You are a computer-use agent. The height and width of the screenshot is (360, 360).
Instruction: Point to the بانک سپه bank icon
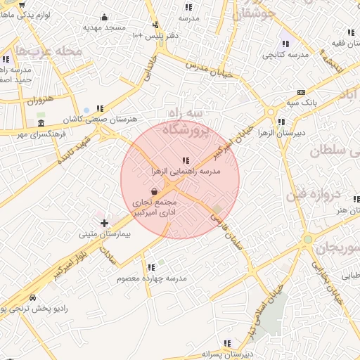point(302,93)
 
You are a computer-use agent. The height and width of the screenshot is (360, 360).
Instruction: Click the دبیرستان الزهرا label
point(302,132)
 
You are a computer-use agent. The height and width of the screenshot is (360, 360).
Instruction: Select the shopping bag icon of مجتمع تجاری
point(154,191)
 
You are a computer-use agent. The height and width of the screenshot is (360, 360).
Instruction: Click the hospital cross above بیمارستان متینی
point(104,223)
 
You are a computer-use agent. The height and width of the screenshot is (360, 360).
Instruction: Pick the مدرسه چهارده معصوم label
point(151,278)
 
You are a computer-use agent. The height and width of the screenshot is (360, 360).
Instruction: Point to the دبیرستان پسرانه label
point(226,354)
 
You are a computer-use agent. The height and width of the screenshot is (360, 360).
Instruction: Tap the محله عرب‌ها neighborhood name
point(51,51)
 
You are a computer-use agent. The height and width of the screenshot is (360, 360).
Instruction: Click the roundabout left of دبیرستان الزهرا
point(270,112)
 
